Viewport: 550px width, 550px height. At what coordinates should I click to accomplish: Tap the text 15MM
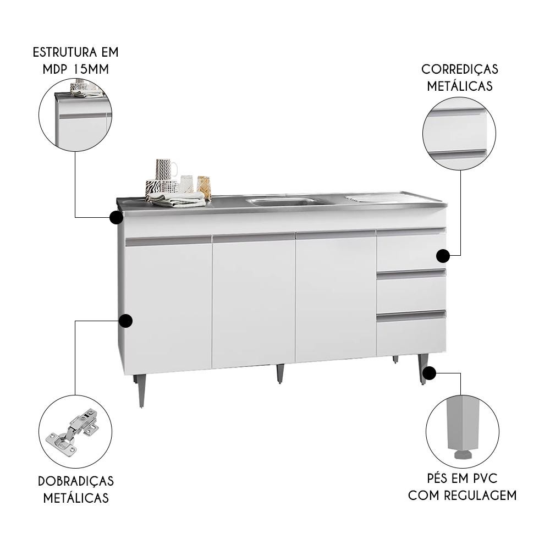pyautogui.click(x=92, y=69)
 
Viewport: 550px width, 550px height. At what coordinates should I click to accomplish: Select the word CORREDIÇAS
pyautogui.click(x=459, y=69)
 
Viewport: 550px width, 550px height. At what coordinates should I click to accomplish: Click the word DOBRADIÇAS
pyautogui.click(x=76, y=481)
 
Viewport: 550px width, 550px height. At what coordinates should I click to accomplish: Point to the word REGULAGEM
pyautogui.click(x=481, y=496)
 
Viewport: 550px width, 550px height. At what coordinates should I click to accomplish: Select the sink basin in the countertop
pyautogui.click(x=280, y=202)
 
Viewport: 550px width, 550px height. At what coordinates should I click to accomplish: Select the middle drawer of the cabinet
pyautogui.click(x=410, y=290)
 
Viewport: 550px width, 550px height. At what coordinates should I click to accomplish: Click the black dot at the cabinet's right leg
pyautogui.click(x=429, y=373)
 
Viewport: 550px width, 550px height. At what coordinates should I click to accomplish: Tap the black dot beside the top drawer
pyautogui.click(x=443, y=256)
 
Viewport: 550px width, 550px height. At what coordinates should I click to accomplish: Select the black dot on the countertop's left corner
pyautogui.click(x=116, y=217)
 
